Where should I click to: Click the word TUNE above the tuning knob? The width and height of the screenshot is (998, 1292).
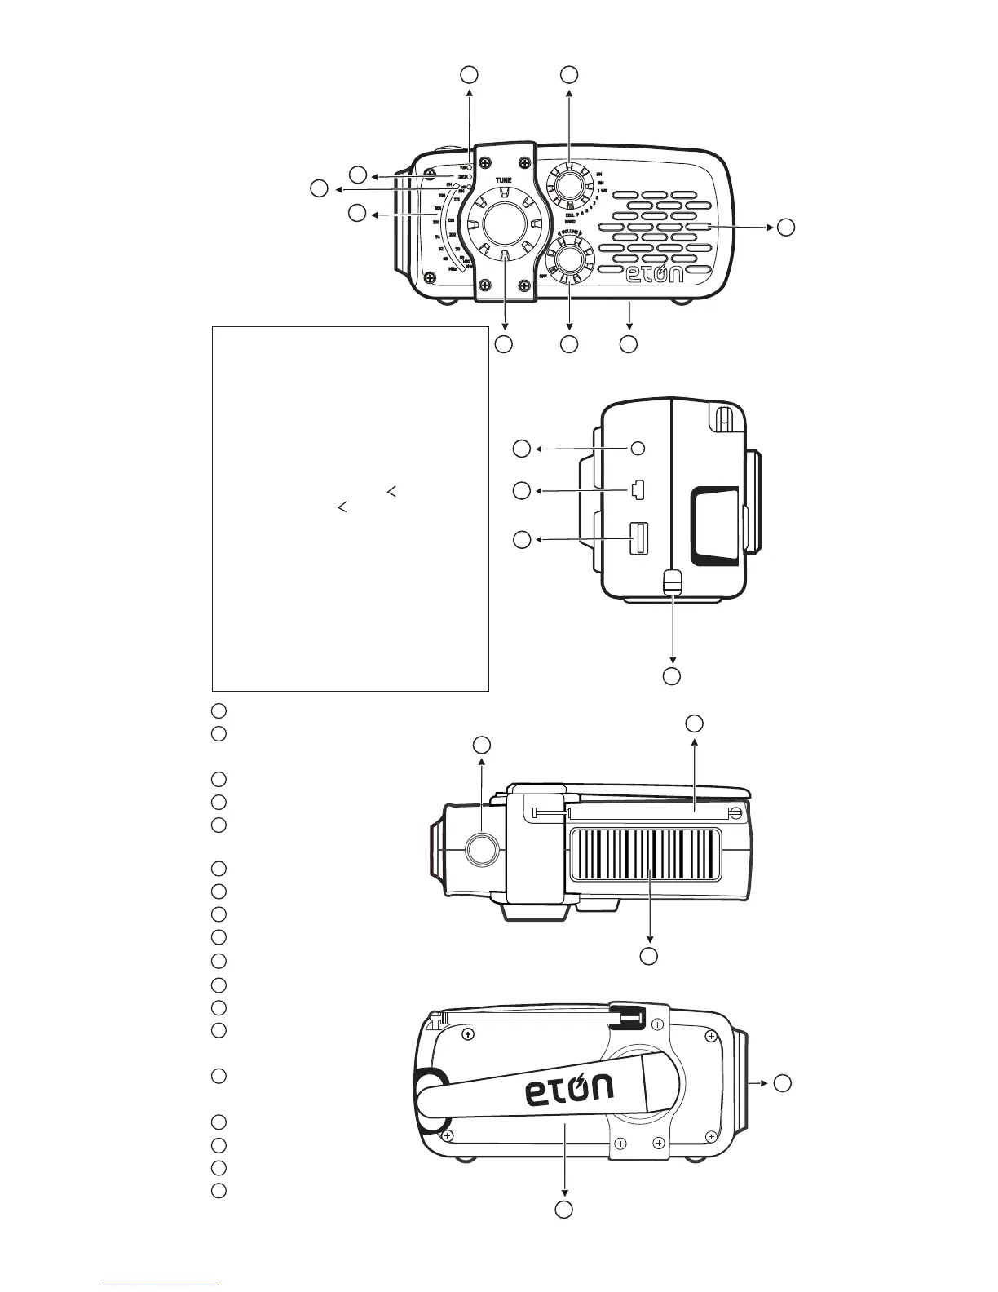pyautogui.click(x=502, y=176)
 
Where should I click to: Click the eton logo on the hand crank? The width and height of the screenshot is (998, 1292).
pyautogui.click(x=569, y=1090)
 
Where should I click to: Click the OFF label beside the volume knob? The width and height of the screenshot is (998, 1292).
pyautogui.click(x=543, y=277)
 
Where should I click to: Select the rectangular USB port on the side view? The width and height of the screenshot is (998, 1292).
pyautogui.click(x=638, y=539)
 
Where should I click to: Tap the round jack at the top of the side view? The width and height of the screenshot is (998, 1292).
pyautogui.click(x=638, y=448)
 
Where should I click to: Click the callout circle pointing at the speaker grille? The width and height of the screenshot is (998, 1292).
pyautogui.click(x=784, y=228)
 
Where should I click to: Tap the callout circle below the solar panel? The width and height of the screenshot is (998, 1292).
pyautogui.click(x=648, y=956)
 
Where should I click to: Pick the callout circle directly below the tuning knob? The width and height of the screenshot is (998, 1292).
pyautogui.click(x=504, y=344)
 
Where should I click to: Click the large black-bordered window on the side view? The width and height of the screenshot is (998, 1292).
pyautogui.click(x=714, y=526)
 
